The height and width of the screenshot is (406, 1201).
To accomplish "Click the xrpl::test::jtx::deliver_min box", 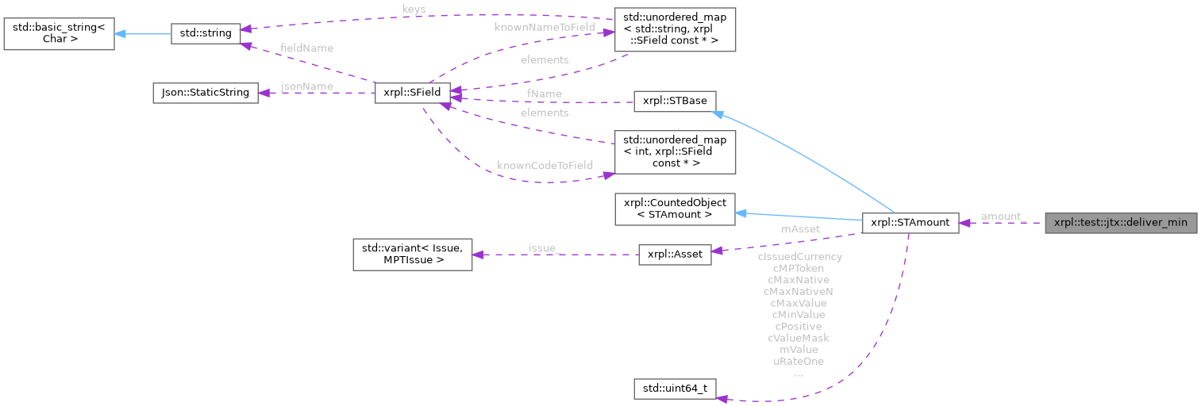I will pyautogui.click(x=1119, y=223).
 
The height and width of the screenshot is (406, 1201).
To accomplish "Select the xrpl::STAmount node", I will pyautogui.click(x=910, y=223).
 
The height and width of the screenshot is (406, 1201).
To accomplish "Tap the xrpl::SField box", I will pyautogui.click(x=412, y=93).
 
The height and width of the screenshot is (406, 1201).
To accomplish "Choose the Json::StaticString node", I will pyautogui.click(x=205, y=93).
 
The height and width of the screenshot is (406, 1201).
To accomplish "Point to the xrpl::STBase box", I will pyautogui.click(x=675, y=101).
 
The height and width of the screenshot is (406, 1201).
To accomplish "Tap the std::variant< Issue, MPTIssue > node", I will pyautogui.click(x=412, y=254).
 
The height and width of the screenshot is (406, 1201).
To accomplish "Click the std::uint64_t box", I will pyautogui.click(x=676, y=389).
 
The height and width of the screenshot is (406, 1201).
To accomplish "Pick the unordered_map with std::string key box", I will pyautogui.click(x=675, y=30).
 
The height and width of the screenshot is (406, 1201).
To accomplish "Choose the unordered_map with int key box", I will pyautogui.click(x=675, y=151).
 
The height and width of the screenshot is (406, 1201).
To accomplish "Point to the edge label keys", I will pyautogui.click(x=414, y=10).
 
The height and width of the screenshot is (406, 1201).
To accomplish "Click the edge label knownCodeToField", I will pyautogui.click(x=545, y=166).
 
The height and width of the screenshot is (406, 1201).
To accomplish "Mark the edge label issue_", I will pyautogui.click(x=545, y=248).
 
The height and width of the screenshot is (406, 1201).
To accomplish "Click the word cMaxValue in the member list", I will pyautogui.click(x=798, y=303).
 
